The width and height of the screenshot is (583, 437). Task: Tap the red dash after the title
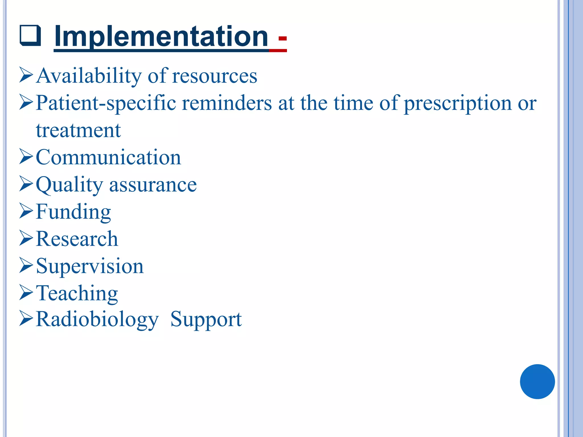click(282, 38)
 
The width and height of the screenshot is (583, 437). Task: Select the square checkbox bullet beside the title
click(30, 36)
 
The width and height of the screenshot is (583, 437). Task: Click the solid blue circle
click(537, 382)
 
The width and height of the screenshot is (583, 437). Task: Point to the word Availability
click(89, 76)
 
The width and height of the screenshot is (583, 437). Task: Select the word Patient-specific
click(106, 103)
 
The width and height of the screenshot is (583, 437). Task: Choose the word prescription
click(458, 103)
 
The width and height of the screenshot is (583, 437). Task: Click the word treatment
click(78, 130)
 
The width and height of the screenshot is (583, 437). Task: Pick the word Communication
click(108, 157)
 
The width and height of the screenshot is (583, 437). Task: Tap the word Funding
click(73, 212)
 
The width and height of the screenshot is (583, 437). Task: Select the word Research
click(77, 239)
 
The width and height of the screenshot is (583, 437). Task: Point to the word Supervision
click(90, 266)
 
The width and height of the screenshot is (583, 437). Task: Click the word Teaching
click(77, 293)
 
